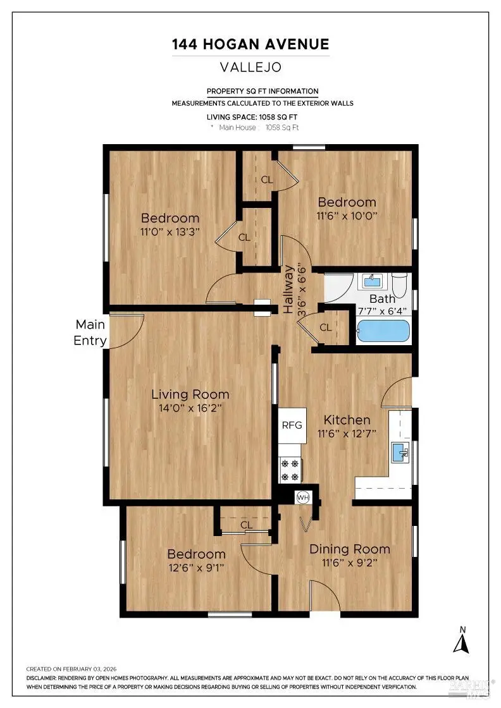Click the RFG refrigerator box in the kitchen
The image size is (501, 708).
coord(292,425)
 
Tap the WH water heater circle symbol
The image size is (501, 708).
coord(303,497)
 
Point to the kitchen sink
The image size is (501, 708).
coord(400,451)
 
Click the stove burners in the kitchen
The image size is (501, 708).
coord(290,469)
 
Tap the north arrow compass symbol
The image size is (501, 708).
coord(463,640)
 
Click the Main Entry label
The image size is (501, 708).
coord(90,333)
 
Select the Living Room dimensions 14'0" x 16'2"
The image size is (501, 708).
coord(190,408)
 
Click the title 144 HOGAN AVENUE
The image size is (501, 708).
coord(250,44)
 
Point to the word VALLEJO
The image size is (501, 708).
coord(250,66)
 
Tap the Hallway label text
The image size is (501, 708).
coord(288,290)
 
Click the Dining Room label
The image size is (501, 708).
coord(349,549)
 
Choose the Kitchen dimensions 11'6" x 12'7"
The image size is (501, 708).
coord(347,434)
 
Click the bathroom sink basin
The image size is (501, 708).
coord(371,280)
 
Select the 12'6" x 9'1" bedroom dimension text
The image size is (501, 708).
coord(196,568)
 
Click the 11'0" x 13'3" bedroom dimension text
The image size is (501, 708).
coord(170,231)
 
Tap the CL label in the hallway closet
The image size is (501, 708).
coord(326,327)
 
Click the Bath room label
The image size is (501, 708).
coord(382,299)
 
